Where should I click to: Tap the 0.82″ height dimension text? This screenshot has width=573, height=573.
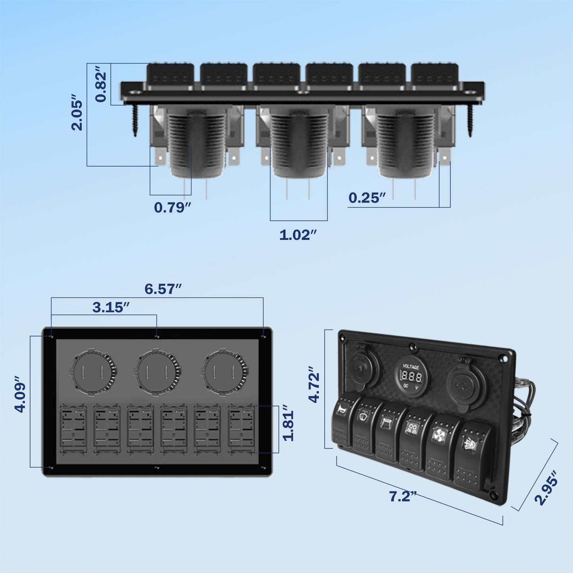coord(101,86)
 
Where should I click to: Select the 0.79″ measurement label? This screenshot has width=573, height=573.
coord(172,207)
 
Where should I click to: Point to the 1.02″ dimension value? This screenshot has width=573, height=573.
coord(298,235)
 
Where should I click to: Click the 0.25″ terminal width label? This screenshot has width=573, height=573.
coord(367,198)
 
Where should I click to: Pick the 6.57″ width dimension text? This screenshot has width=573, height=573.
coord(163,289)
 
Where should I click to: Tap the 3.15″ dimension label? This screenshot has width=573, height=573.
coord(111,307)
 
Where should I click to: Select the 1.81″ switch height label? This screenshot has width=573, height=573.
coord(288,423)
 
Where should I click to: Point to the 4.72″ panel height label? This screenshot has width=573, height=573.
coord(314,385)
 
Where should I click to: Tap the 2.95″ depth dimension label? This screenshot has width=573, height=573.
coord(546,488)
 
